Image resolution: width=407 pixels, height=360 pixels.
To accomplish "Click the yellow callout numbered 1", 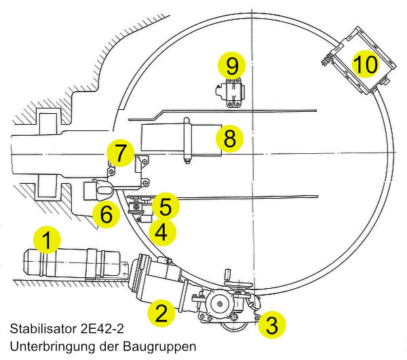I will click(46, 240).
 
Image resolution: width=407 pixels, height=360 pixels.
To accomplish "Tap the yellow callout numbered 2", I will click(161, 313).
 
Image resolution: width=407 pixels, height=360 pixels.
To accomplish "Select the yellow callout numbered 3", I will click(271, 324).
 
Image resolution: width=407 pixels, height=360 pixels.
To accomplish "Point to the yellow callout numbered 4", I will click(161, 233).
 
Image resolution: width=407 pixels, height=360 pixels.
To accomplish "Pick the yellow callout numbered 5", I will click(166, 205).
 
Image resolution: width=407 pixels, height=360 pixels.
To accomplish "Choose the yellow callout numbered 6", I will click(106, 214).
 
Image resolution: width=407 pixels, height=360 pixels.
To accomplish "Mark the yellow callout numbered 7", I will click(120, 153).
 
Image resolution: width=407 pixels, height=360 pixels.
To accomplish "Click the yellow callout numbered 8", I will click(229, 139).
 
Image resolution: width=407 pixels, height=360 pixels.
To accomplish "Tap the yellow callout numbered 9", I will click(232, 66).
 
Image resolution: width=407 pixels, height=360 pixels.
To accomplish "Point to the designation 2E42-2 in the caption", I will click(101, 329).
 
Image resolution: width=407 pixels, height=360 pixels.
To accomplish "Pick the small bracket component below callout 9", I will click(232, 93).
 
